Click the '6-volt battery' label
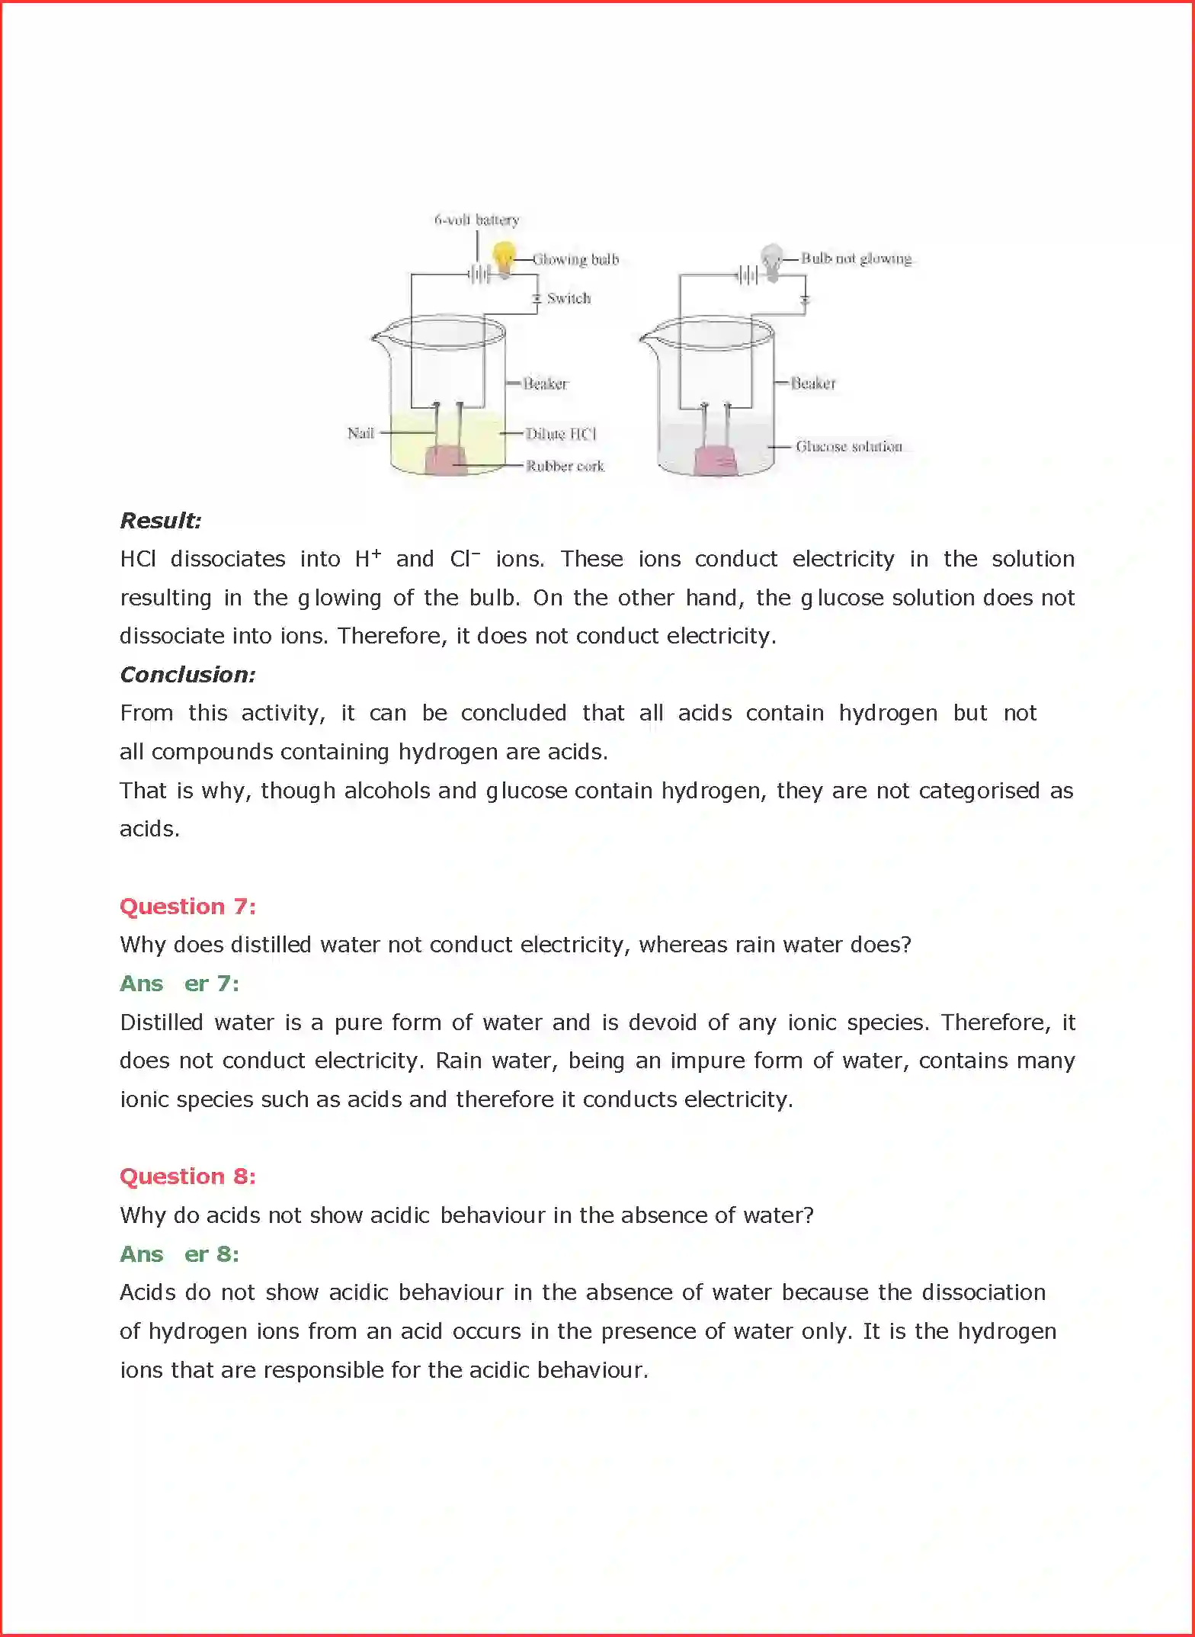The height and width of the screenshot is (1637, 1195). coord(476,220)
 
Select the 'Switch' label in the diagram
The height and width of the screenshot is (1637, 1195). coord(569,298)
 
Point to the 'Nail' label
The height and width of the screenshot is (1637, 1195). coord(360,433)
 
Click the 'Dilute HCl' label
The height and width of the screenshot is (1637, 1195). coord(561,434)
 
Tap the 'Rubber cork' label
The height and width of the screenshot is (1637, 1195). coord(565,466)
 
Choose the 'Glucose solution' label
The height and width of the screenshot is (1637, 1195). coord(848,446)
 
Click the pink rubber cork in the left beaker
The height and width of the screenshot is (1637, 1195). coord(445,461)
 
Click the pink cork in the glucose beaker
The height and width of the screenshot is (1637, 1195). coord(715,461)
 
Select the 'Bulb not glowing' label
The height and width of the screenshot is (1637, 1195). coord(856,258)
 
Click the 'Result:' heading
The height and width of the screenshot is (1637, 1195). coord(161,521)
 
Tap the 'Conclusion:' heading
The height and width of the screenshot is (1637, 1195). coord(187,675)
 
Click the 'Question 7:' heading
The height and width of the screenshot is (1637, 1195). coord(187,907)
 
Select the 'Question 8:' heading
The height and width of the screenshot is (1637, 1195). coord(187,1176)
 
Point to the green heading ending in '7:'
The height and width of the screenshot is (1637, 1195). coord(180,984)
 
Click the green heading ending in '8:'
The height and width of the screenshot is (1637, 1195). coord(180,1254)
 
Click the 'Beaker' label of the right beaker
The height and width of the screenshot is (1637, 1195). coord(813,383)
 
